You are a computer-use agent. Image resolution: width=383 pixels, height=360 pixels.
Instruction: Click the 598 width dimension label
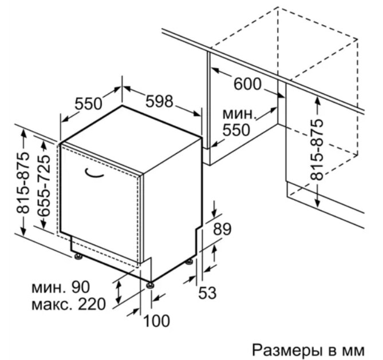(159, 101)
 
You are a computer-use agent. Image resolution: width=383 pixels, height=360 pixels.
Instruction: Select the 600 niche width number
(247, 84)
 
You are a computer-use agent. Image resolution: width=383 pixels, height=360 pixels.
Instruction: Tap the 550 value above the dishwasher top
(88, 104)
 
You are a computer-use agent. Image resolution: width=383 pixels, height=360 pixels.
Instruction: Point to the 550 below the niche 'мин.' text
(236, 130)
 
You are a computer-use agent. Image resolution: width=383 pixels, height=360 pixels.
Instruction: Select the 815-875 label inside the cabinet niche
(317, 149)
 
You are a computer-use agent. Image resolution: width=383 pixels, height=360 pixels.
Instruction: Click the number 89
(222, 229)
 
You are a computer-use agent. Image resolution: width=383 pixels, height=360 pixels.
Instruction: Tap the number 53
(207, 293)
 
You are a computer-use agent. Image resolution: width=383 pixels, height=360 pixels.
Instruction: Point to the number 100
(156, 321)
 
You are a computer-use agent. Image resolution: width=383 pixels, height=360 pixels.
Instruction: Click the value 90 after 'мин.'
(81, 287)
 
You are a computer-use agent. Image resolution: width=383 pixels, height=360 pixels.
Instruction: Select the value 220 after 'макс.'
(92, 304)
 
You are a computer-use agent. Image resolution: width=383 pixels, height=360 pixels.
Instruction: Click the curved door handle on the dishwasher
(94, 173)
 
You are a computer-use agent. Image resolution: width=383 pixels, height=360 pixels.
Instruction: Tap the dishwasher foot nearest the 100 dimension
(150, 285)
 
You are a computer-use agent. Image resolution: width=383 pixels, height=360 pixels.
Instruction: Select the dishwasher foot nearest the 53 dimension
(189, 262)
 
